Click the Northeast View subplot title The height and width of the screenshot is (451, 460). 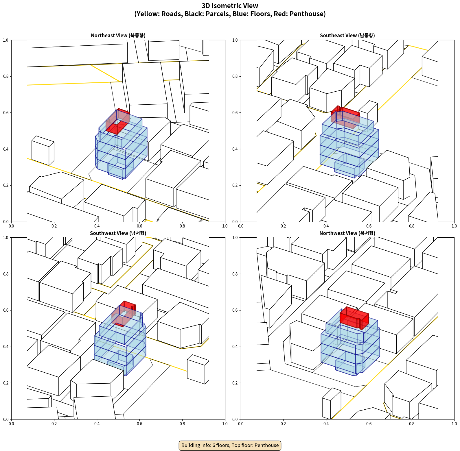coord(118,36)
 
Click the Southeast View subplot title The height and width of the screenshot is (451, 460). coord(347,36)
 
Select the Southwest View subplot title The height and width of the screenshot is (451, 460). coord(118,233)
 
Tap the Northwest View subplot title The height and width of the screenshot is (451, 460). coord(347,233)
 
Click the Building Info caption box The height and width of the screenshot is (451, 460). coord(230,445)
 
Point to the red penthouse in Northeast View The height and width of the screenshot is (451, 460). coord(117,121)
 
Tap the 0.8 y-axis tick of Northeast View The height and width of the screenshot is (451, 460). coord(6,76)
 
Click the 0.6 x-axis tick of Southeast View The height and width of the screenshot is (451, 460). coord(369,226)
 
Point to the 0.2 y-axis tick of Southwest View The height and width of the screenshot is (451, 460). coord(6,383)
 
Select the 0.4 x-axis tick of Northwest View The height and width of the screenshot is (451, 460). coord(326,424)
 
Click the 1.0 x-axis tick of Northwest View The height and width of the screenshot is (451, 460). coord(454,424)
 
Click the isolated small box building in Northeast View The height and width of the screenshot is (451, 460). coord(43,151)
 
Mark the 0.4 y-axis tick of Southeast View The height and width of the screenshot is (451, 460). coord(235,149)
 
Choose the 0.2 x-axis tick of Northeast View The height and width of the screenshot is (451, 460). coord(54,226)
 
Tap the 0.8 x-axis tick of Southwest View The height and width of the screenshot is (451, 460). coord(182,424)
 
